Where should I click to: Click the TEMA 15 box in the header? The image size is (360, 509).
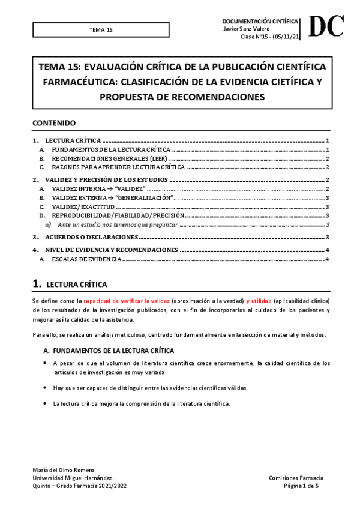click(101, 29)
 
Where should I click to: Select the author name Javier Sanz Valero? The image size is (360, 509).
click(246, 29)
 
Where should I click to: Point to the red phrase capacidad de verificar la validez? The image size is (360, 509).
click(127, 300)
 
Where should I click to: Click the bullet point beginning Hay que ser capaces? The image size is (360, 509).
click(149, 387)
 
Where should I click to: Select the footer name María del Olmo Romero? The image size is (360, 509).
click(62, 469)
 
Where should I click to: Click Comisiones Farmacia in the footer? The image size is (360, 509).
click(297, 477)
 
